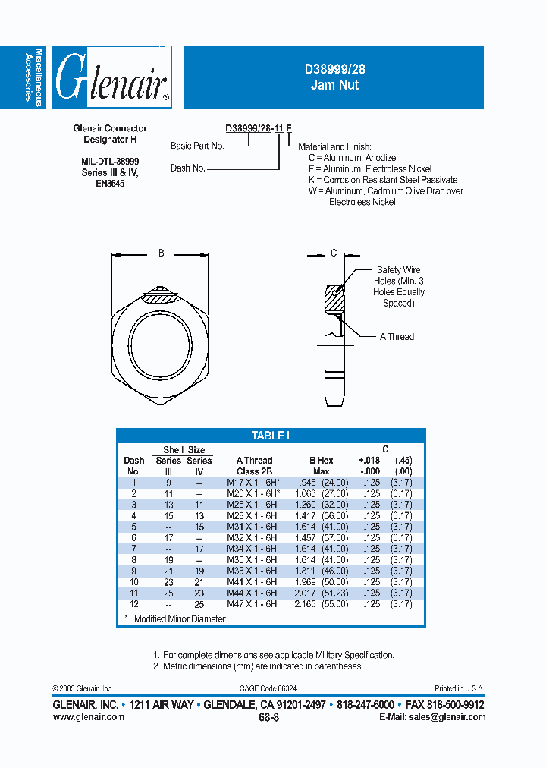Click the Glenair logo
point(111,77)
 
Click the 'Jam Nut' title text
point(334,85)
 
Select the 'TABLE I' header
point(270,436)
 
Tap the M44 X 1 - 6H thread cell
point(252,593)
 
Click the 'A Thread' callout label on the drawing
point(397,336)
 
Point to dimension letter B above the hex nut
point(161,253)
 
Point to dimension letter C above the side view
point(333,253)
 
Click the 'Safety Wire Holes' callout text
point(398,286)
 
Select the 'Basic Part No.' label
point(196,146)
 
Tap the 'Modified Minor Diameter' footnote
point(179,618)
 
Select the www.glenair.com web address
point(89,717)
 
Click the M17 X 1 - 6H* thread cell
point(253,482)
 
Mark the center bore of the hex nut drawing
point(161,335)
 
